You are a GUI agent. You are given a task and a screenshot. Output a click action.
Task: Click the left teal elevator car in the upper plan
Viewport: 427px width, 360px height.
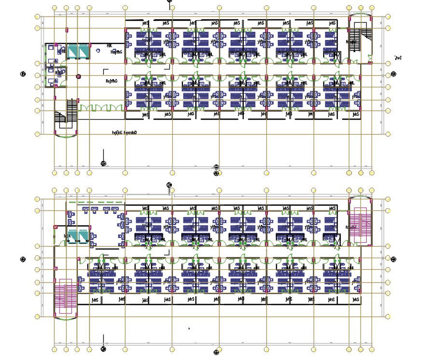[72, 51]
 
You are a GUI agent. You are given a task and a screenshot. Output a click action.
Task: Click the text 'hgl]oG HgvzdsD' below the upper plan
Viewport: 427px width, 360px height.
[124, 132]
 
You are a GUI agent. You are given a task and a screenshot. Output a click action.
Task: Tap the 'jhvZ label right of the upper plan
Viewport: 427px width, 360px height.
[398, 58]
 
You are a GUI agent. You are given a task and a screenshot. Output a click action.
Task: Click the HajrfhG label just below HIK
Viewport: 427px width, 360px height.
[116, 52]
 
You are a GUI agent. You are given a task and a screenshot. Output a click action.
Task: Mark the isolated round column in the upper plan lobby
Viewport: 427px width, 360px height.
[78, 76]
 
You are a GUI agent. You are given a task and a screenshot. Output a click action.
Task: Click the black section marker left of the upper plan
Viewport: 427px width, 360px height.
[22, 74]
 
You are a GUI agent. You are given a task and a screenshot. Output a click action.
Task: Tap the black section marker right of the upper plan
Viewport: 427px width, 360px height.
[394, 74]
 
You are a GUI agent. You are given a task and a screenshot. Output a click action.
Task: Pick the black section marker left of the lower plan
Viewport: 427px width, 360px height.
[22, 260]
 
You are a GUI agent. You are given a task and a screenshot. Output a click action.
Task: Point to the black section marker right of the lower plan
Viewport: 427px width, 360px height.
[394, 260]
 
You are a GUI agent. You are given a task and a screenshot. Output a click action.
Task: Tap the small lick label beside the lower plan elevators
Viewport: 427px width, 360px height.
[69, 235]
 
